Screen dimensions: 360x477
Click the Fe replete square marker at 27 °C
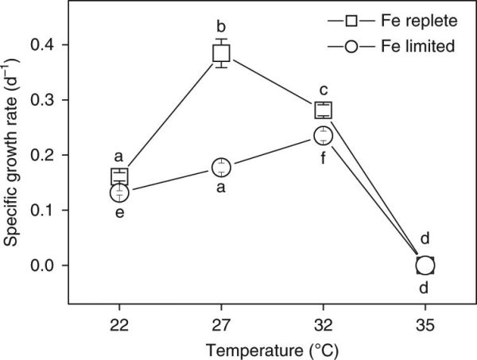click(x=221, y=53)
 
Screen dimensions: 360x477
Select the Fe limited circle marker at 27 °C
click(x=221, y=167)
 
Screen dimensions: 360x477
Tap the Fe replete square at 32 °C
click(x=323, y=110)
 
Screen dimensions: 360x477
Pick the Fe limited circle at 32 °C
click(x=323, y=135)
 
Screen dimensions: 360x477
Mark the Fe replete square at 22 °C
click(x=119, y=176)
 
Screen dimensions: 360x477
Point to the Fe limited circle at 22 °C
click(x=119, y=192)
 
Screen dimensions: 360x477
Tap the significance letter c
click(x=323, y=90)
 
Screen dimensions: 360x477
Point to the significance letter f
click(x=323, y=157)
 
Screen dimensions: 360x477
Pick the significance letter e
click(x=119, y=213)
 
